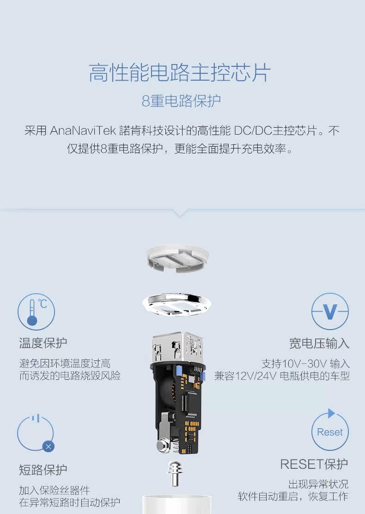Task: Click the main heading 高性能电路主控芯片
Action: point(180,73)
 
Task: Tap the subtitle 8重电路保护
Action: point(181,101)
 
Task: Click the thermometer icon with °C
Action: point(36,312)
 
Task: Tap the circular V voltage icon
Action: point(329,312)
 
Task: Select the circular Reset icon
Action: point(329,431)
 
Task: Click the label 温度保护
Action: point(43,343)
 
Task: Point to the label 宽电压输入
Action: point(319,343)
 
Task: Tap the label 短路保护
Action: point(43,470)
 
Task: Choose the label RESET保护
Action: point(314,464)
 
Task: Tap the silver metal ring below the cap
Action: point(177,304)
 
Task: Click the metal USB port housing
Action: point(178,346)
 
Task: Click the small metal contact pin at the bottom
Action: point(175,473)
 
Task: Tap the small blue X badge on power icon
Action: point(49,446)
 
